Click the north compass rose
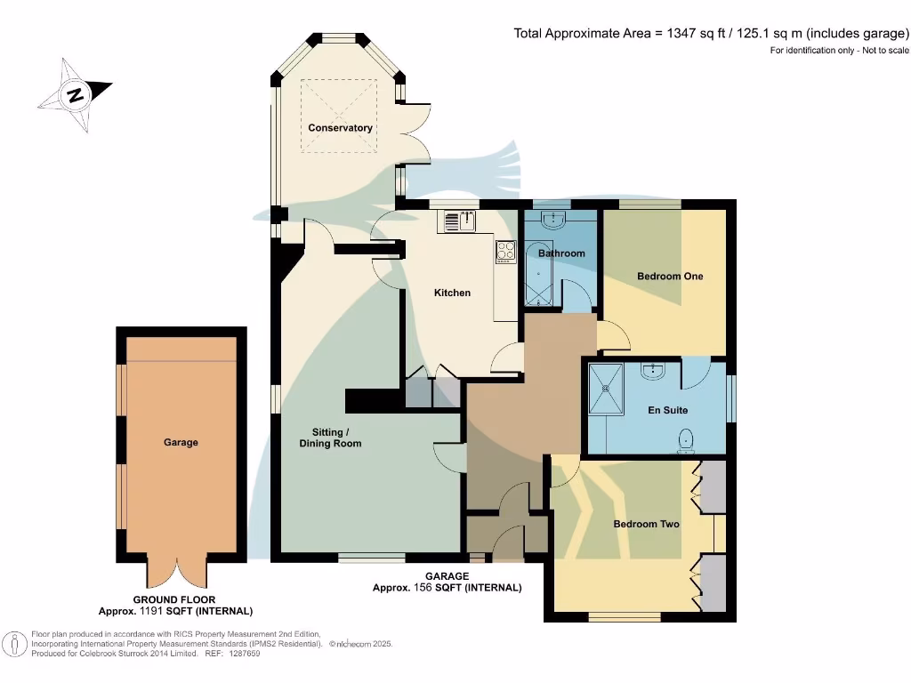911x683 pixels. click(x=75, y=94)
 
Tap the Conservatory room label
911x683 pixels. click(x=340, y=128)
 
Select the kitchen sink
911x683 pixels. click(x=459, y=220)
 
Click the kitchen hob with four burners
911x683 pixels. click(x=505, y=252)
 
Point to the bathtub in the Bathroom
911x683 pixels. click(x=537, y=275)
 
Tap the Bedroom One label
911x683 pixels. click(x=670, y=277)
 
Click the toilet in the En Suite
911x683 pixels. click(x=686, y=440)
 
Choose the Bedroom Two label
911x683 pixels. click(x=647, y=524)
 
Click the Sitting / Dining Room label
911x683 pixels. click(x=330, y=438)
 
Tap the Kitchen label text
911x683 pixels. click(x=452, y=293)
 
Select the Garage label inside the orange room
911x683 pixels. click(x=181, y=442)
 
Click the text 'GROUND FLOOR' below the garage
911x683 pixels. click(x=174, y=600)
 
